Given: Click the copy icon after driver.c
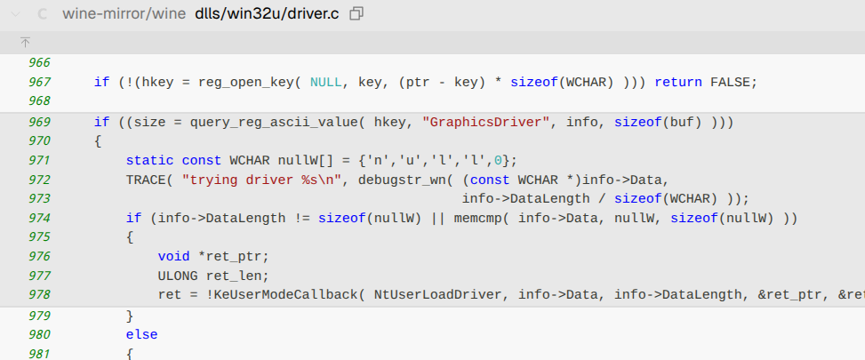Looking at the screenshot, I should (356, 14).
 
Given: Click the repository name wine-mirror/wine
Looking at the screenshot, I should (124, 14).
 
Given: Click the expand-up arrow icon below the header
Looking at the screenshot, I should (25, 43).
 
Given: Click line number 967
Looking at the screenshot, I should (39, 83).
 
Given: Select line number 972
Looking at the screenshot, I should (39, 180).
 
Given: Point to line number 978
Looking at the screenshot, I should (39, 294).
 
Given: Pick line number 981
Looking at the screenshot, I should (39, 353).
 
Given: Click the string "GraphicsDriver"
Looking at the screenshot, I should (486, 122).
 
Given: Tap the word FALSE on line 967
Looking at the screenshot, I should (731, 83).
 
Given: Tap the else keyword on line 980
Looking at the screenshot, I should (142, 334).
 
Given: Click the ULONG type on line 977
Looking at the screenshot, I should (178, 276).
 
